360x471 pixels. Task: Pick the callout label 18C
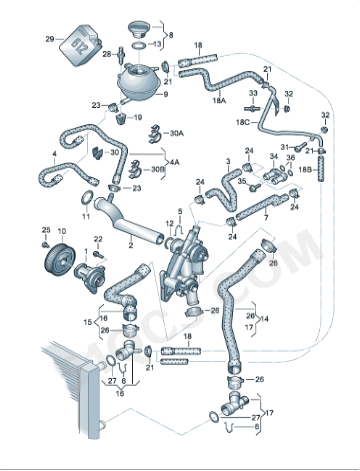[x=242, y=121]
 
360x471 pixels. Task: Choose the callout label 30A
[x=177, y=133]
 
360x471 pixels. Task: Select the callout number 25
[x=46, y=231]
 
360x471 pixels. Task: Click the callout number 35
[x=240, y=182]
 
